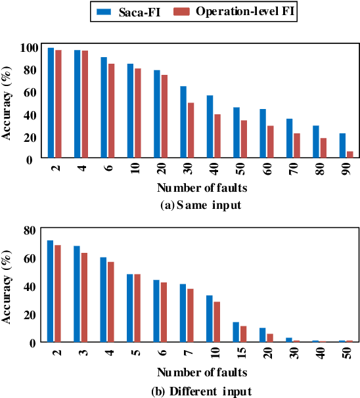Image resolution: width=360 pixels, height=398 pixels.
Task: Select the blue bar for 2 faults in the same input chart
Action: click(x=51, y=103)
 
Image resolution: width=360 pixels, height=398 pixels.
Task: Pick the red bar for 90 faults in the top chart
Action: click(x=350, y=155)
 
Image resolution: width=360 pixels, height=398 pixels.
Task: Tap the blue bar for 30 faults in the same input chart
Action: click(x=183, y=122)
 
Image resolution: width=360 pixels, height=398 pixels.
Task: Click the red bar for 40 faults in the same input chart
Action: click(x=217, y=136)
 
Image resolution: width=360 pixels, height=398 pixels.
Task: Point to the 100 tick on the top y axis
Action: click(x=29, y=47)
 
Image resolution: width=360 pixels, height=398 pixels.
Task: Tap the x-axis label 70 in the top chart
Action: click(x=292, y=170)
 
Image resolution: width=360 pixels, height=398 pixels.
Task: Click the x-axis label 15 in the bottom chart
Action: click(x=239, y=353)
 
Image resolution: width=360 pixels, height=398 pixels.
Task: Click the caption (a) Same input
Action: click(x=201, y=206)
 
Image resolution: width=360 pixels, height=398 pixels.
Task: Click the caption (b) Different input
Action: click(x=201, y=392)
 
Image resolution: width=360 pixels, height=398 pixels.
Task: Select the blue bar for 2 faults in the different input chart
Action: click(x=51, y=291)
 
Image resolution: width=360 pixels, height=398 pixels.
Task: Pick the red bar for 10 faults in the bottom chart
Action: click(x=217, y=322)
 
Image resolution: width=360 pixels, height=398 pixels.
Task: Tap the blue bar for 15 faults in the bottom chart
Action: click(x=236, y=332)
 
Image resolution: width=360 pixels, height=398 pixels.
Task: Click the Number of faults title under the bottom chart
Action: click(x=201, y=372)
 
